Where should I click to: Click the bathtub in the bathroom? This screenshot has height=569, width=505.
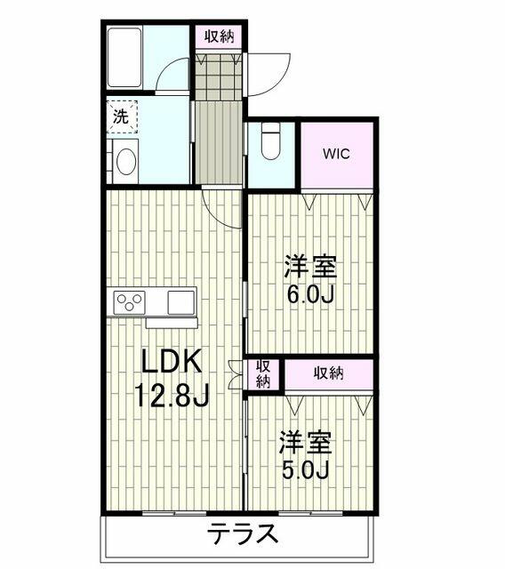(124, 57)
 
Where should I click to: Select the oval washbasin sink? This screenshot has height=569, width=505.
(126, 161)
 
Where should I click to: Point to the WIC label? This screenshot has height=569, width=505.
(337, 154)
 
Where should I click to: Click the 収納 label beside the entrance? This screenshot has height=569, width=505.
(219, 36)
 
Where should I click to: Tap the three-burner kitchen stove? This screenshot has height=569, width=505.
(129, 302)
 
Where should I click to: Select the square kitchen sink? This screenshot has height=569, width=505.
(181, 302)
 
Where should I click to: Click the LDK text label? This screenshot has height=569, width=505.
(172, 361)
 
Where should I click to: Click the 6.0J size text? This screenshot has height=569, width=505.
(310, 294)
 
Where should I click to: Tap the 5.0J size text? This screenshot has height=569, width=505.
(306, 470)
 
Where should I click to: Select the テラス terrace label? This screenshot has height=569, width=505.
(242, 533)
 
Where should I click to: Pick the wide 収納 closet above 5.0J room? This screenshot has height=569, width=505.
(329, 373)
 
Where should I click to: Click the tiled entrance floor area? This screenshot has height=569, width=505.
(219, 77)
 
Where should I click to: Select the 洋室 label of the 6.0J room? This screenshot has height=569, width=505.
(310, 267)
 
